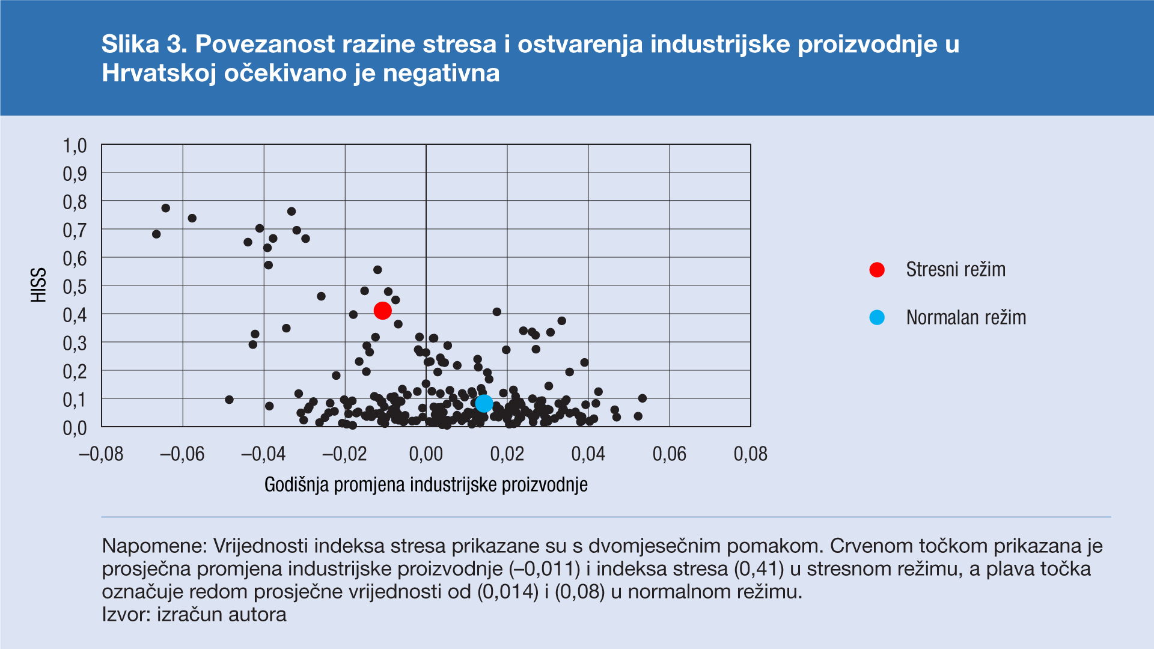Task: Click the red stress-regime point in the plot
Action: click(382, 311)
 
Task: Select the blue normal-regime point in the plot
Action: click(484, 403)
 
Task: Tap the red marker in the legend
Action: click(877, 270)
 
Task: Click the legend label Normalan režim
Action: click(966, 317)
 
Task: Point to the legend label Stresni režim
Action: click(956, 270)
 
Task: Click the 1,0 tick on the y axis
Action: click(75, 146)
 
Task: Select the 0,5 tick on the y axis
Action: click(75, 287)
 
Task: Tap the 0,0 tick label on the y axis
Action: click(75, 428)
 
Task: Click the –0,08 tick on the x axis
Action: click(101, 454)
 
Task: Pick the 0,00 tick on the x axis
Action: click(426, 454)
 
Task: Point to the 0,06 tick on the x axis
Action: click(669, 454)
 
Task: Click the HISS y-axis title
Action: click(39, 285)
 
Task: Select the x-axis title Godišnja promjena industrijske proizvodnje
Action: click(426, 485)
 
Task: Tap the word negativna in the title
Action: click(441, 73)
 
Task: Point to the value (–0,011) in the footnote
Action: click(545, 569)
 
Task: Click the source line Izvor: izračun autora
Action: click(194, 615)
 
